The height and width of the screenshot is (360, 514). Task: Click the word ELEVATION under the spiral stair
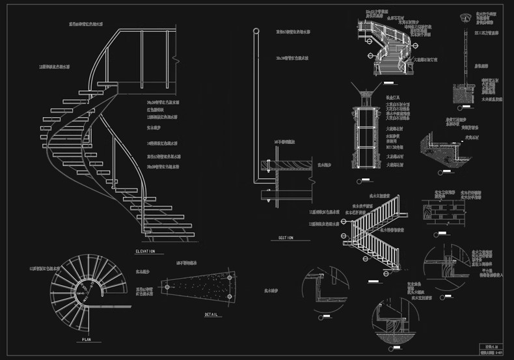(144, 251)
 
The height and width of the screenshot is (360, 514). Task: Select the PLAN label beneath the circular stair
(87, 339)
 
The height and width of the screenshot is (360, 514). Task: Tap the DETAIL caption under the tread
(211, 314)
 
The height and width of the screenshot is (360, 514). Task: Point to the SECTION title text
(286, 238)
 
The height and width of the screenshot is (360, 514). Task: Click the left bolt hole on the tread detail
(168, 286)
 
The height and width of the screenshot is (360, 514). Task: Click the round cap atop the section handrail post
(254, 31)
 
